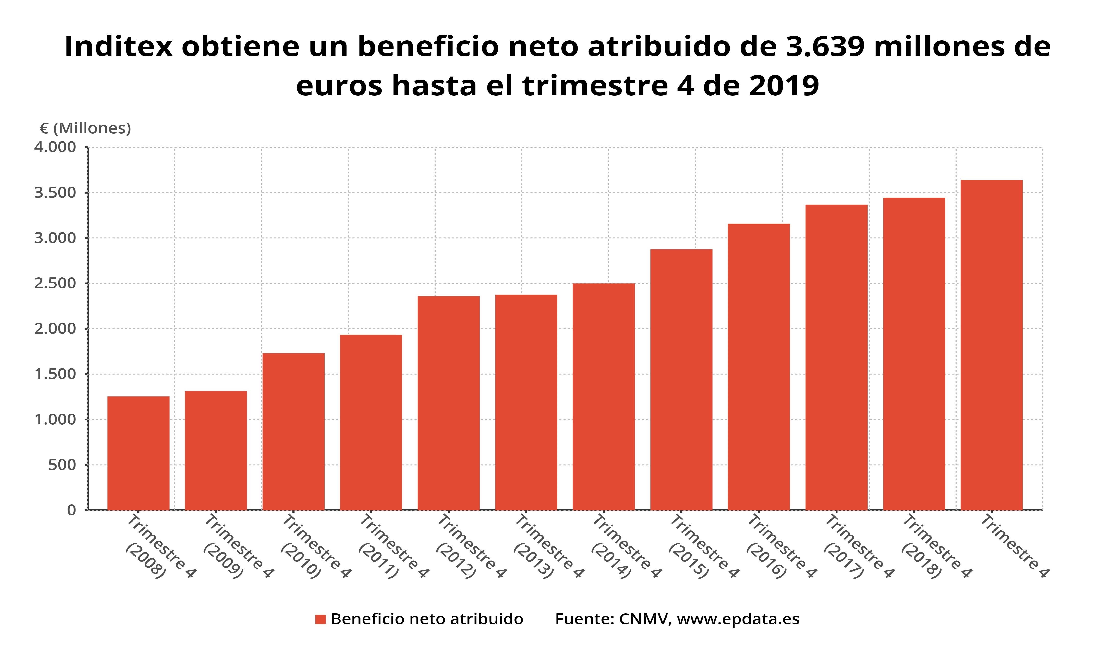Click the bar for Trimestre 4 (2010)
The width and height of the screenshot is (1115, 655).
pos(293,432)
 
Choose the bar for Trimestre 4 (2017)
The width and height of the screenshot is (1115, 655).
pos(836,357)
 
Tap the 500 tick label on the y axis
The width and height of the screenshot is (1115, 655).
pos(62,465)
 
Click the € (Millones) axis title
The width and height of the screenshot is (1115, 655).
pos(85,128)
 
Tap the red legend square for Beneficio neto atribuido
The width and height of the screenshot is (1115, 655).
pos(320,619)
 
